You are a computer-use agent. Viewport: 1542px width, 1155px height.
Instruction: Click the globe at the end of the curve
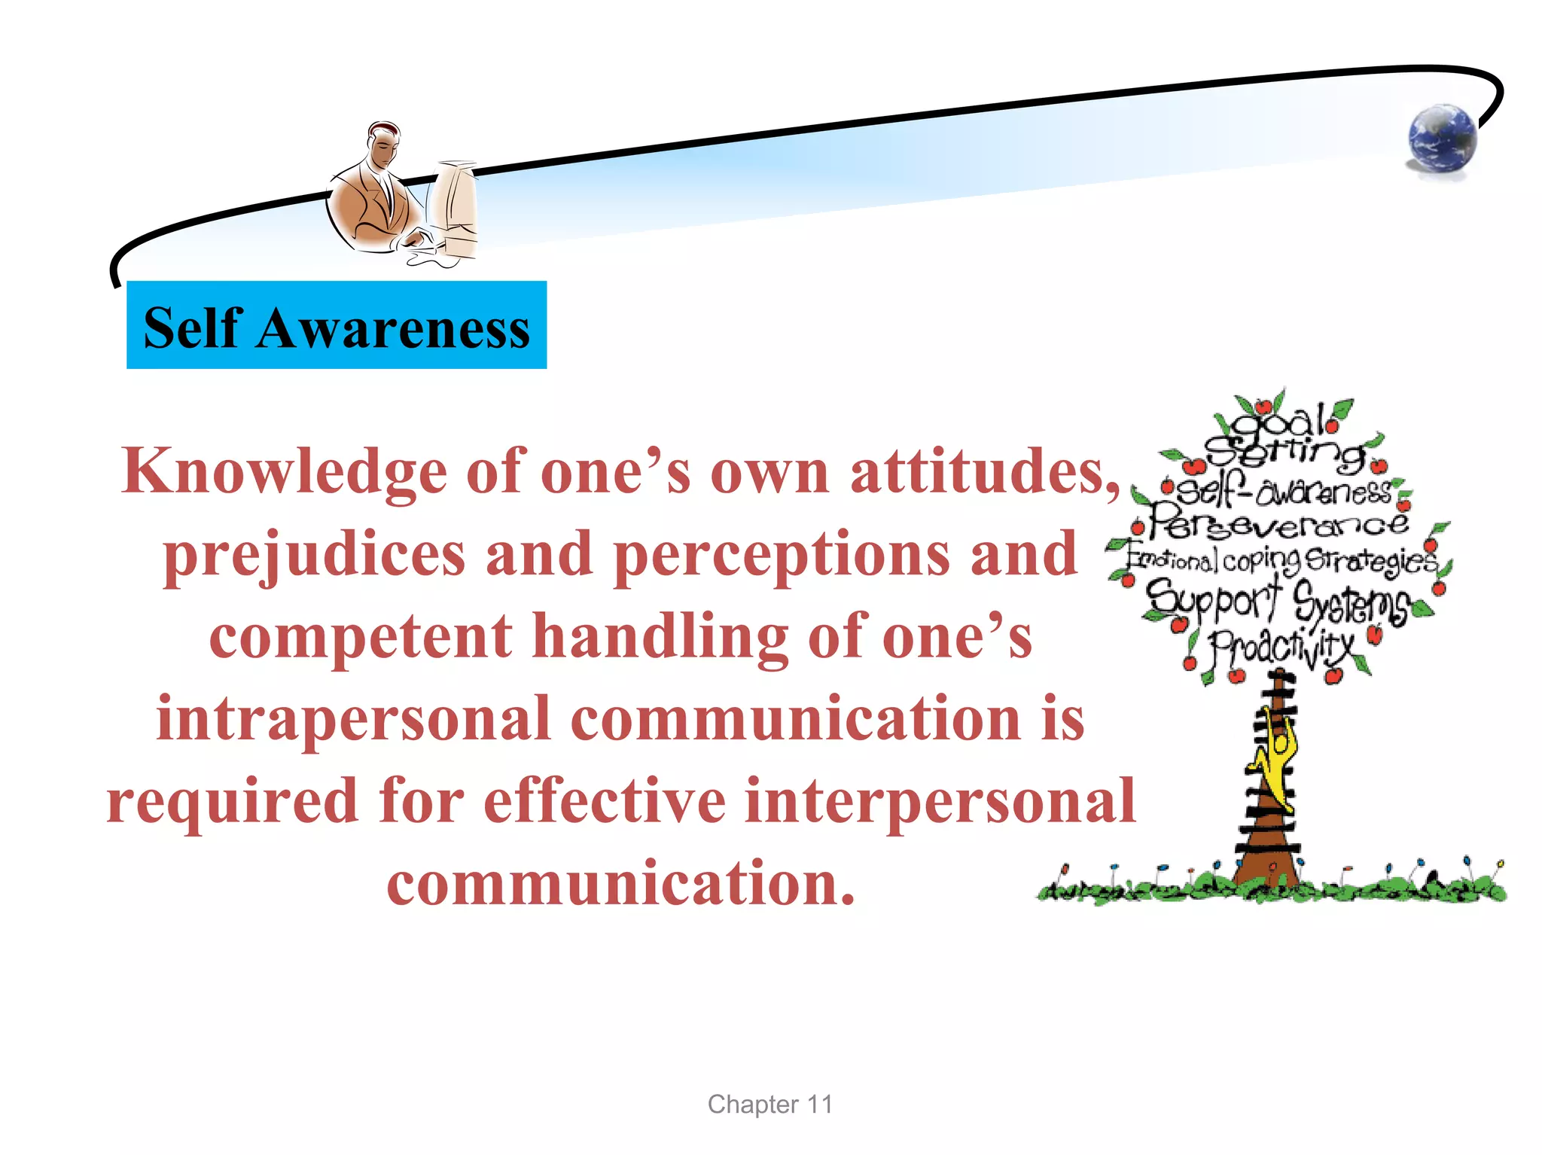click(x=1442, y=140)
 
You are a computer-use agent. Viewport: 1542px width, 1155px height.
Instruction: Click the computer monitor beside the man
click(x=455, y=207)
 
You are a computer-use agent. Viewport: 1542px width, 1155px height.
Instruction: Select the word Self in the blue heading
click(x=193, y=328)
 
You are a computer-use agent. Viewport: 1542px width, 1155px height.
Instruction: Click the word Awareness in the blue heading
click(x=393, y=328)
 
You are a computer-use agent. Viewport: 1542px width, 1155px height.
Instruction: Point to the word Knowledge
click(x=284, y=472)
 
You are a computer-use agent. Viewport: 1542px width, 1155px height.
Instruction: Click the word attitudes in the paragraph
click(x=985, y=472)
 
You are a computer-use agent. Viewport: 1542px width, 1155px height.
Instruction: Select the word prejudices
click(x=315, y=555)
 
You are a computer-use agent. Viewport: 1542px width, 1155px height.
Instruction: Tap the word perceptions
click(x=782, y=555)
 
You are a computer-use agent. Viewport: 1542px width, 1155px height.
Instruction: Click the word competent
click(x=361, y=636)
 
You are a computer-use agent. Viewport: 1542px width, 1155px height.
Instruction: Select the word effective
click(x=604, y=801)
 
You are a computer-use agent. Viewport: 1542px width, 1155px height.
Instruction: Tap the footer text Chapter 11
click(x=769, y=1105)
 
